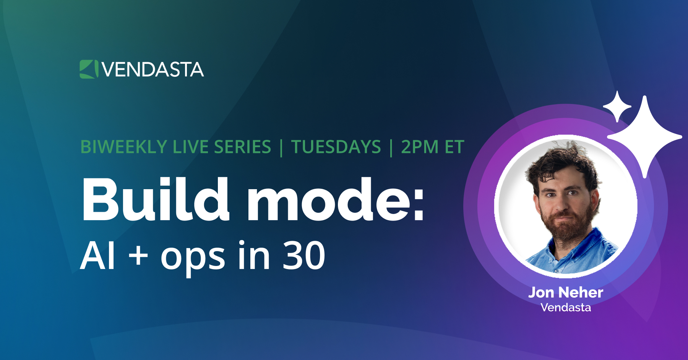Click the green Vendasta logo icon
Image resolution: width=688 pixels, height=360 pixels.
tap(89, 69)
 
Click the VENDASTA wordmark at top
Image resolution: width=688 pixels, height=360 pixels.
tap(153, 70)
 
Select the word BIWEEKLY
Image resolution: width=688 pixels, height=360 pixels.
tap(124, 147)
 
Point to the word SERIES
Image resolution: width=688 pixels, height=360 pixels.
tap(242, 147)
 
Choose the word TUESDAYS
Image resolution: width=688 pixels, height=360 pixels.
tap(336, 147)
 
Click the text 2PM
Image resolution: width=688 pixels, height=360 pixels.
tap(419, 147)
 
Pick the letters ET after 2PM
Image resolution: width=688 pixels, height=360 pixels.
tap(454, 147)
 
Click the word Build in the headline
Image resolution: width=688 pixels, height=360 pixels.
tap(155, 199)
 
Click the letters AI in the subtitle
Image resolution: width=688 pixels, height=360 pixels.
tap(97, 256)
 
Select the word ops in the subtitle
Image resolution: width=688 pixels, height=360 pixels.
tap(193, 258)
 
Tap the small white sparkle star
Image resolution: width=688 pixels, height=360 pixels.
tap(617, 107)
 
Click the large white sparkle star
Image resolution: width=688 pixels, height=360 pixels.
tap(645, 136)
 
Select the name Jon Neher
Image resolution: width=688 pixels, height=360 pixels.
tap(566, 292)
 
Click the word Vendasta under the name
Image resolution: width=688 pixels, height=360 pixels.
tap(566, 307)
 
